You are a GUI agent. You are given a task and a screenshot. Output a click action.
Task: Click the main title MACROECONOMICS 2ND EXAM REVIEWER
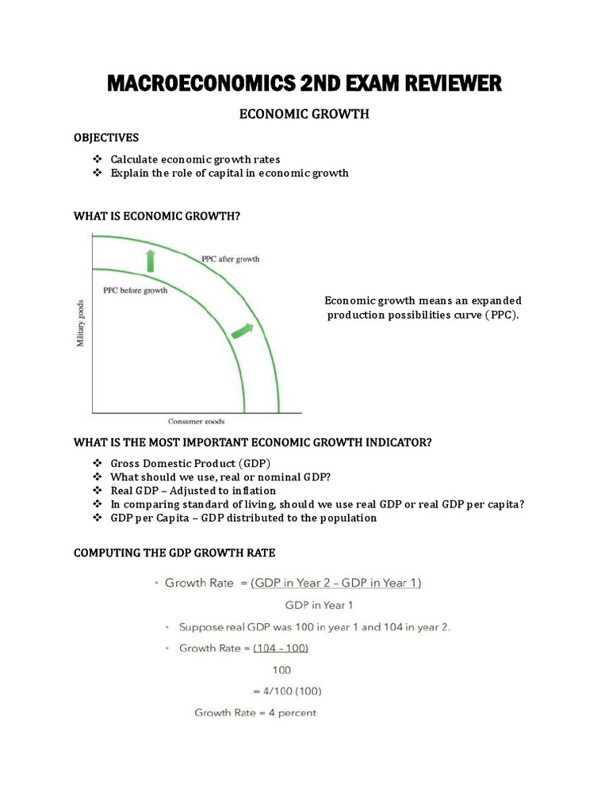(x=304, y=82)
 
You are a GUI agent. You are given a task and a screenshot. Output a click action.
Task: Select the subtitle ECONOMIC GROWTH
(x=304, y=114)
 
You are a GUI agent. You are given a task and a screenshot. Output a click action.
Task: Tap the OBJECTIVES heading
(x=106, y=138)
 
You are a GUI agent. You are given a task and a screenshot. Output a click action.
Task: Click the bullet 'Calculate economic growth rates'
(x=195, y=159)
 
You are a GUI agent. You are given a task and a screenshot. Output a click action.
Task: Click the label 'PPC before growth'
(x=136, y=290)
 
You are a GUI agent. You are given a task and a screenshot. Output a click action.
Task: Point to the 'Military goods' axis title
(x=81, y=323)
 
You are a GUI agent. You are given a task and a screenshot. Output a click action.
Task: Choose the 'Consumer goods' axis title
(x=196, y=421)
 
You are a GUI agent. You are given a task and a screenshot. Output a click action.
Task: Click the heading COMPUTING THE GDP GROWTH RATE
(x=174, y=553)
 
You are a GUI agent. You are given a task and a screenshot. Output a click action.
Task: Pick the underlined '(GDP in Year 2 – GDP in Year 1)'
(x=336, y=583)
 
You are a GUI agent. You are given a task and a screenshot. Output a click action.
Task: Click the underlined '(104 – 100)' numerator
(x=281, y=648)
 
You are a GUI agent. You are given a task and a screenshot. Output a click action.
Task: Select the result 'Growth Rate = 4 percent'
(x=255, y=713)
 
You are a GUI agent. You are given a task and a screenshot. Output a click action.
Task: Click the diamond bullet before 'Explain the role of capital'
(x=98, y=173)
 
